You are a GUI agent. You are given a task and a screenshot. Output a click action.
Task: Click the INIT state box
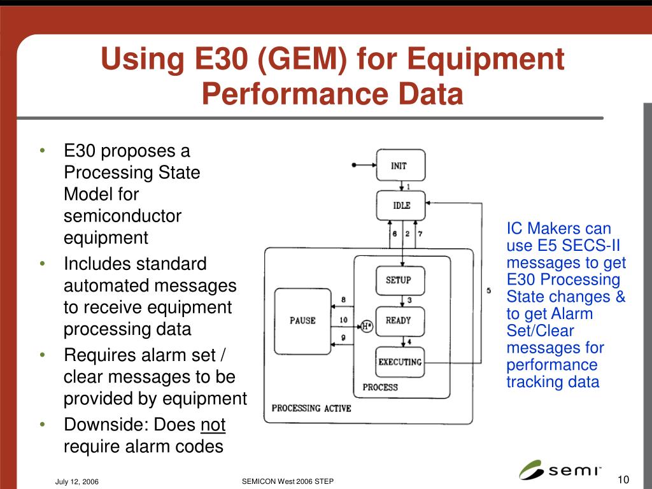coord(400,166)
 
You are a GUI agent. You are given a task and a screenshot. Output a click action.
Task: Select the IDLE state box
coord(400,206)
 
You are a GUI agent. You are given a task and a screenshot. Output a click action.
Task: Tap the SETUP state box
coord(400,280)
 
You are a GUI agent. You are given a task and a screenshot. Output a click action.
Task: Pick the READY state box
coord(400,321)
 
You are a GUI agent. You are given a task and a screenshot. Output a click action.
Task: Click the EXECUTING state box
coord(400,362)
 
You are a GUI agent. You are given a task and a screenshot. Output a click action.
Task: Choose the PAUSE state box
coord(302,321)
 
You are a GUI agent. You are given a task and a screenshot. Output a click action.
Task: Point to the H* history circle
coord(366,326)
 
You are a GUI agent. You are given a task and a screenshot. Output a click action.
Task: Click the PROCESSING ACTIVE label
coord(311,408)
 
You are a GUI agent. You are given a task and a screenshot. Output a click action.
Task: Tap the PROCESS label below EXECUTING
coord(380,387)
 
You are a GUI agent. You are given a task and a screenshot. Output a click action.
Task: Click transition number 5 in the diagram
coord(488,290)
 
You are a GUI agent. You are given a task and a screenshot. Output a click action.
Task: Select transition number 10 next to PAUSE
coord(343,320)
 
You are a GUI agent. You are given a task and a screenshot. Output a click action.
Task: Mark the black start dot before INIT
coord(354,166)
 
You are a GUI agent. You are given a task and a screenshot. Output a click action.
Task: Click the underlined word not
coord(213,425)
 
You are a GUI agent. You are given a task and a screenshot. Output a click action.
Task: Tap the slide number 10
coord(623,479)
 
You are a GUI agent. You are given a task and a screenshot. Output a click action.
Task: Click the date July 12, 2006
coord(76,481)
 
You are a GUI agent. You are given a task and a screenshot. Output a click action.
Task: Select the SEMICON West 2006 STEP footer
coord(288,481)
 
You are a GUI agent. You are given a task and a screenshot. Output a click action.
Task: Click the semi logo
coord(560,470)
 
